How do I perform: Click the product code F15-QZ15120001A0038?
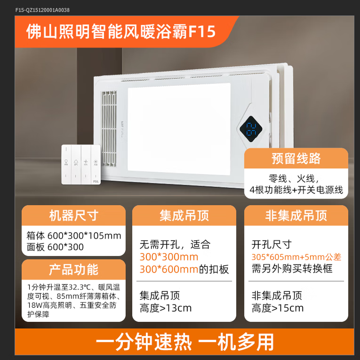[x=42, y=10]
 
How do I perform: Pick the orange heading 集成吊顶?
[x=184, y=216]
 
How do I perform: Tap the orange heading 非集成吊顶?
[x=296, y=216]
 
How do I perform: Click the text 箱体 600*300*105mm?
[x=74, y=236]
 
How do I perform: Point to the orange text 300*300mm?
[x=169, y=257]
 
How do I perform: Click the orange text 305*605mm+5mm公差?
[x=296, y=257]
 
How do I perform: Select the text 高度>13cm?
[x=166, y=308]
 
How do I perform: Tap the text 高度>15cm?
[x=278, y=308]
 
